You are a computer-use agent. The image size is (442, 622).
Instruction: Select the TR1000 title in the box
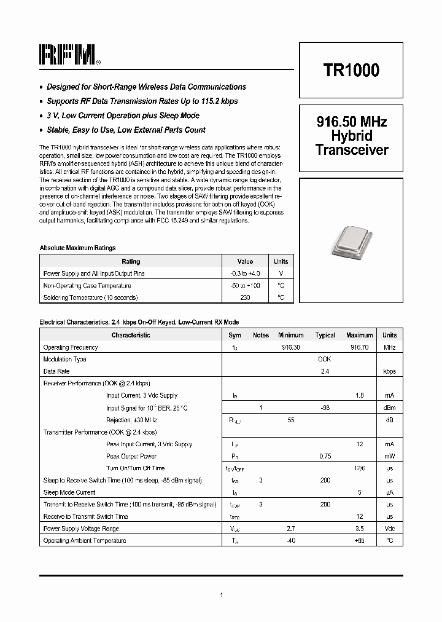point(351,70)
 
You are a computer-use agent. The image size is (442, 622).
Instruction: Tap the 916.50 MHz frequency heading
point(351,122)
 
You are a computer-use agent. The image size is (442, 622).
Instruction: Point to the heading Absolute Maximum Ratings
point(77,248)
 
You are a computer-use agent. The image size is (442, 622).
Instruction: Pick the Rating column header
point(131,261)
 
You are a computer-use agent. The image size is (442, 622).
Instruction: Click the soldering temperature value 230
point(245,297)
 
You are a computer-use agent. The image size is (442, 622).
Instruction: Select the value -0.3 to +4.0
point(245,274)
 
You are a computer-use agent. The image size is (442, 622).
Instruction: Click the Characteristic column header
point(131,335)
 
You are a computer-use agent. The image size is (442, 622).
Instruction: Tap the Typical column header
point(325,336)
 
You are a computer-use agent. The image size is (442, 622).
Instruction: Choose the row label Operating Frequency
point(71,347)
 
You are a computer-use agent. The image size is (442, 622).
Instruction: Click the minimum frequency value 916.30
point(291,347)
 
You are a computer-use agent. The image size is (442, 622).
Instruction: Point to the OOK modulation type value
point(325,359)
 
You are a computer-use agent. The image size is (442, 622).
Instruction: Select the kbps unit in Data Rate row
point(389,371)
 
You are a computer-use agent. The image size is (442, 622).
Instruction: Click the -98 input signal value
point(325,407)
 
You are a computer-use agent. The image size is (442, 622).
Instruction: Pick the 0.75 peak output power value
point(325,456)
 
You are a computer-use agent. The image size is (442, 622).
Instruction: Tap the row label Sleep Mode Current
point(69,492)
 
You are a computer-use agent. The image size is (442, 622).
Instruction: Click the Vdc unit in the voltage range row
point(389,529)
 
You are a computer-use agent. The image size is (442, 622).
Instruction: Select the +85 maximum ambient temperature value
point(359,540)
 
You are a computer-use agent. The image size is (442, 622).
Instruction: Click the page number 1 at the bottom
point(221,595)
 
